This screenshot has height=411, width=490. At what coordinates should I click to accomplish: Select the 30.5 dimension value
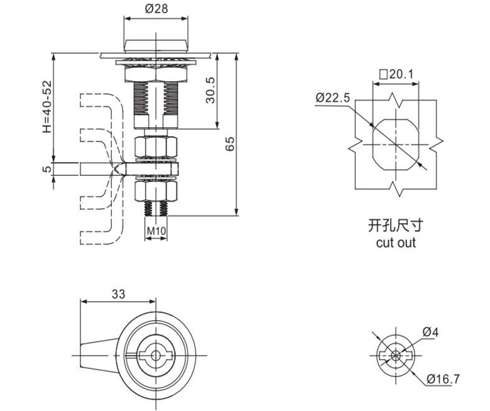tap(210, 90)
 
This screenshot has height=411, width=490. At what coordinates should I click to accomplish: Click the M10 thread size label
tap(156, 231)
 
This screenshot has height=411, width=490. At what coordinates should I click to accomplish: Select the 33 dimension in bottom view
tap(117, 293)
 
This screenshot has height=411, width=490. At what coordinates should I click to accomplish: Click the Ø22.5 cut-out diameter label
tap(333, 97)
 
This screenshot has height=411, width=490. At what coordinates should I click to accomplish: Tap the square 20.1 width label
tap(396, 74)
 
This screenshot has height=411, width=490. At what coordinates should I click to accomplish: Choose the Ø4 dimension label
tap(430, 332)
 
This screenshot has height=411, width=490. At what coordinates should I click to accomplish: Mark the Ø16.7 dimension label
tap(443, 378)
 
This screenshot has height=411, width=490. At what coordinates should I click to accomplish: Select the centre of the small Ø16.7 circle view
tap(395, 356)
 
